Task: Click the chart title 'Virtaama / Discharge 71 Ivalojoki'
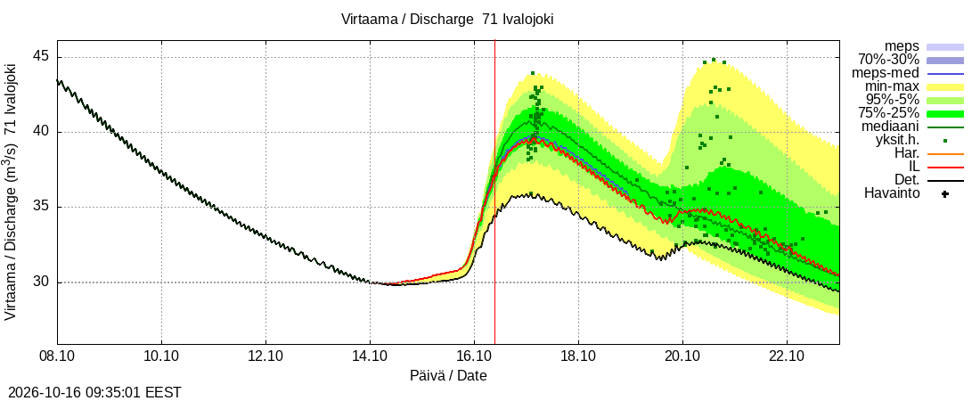point(447,19)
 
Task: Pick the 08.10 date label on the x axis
point(58,357)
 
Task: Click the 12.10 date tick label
point(265,357)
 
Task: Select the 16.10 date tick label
point(474,357)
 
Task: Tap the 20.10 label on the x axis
point(682,357)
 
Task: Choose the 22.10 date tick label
point(787,357)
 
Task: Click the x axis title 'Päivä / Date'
point(448,376)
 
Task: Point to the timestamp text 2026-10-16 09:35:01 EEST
point(91,393)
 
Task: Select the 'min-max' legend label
point(892,86)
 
